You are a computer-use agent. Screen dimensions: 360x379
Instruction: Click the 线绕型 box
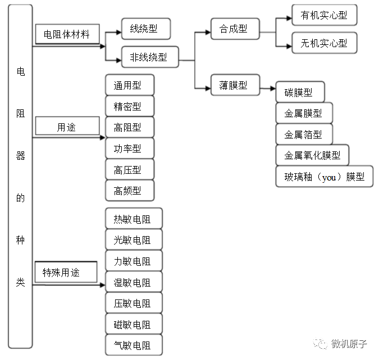click(145, 28)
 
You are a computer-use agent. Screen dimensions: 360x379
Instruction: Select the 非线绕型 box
click(149, 57)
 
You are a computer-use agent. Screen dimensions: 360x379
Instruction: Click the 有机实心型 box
click(324, 15)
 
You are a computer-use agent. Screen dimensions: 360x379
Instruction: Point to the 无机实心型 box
click(324, 43)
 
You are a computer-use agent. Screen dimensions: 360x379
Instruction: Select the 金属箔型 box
click(304, 134)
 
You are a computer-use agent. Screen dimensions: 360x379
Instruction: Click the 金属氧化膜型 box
click(312, 155)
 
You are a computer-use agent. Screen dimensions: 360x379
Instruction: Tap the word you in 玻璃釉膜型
click(329, 177)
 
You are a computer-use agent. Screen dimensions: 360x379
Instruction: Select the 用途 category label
click(67, 127)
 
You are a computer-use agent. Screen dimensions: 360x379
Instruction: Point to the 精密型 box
click(129, 107)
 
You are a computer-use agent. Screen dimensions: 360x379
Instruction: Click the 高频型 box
click(129, 191)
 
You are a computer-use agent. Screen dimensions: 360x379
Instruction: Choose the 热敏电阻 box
click(133, 219)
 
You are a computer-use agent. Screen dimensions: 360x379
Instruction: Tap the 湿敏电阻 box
click(133, 282)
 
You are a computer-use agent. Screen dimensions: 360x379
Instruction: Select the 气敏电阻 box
click(133, 345)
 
